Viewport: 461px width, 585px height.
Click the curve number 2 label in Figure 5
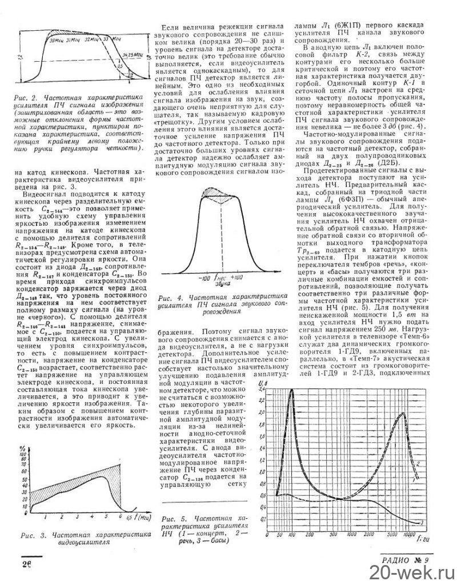click(x=420, y=463)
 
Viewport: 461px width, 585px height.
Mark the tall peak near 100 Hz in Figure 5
click(x=291, y=390)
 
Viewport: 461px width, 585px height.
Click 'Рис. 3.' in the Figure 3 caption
click(x=30, y=535)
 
